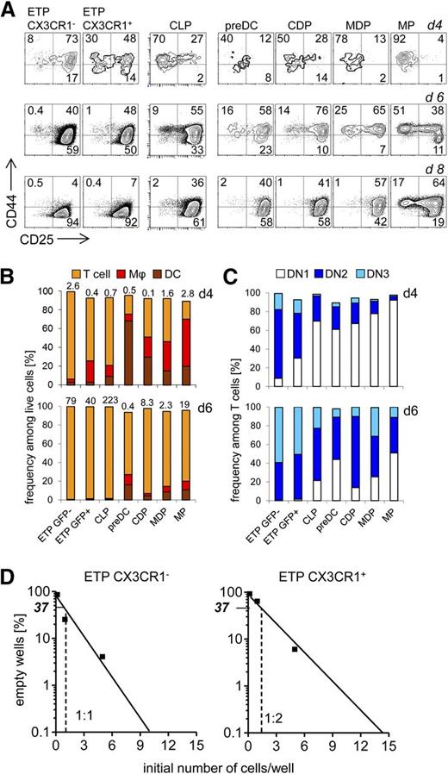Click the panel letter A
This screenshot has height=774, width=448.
coord(8,9)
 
